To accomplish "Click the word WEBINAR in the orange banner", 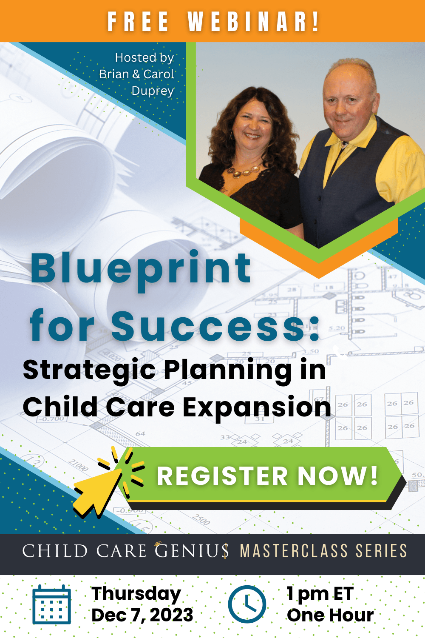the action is (x=253, y=22).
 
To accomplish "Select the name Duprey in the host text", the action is (x=153, y=91).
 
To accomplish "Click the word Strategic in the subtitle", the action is (x=89, y=370).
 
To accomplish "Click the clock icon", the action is (x=247, y=604).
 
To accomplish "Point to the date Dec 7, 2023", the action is (x=142, y=615).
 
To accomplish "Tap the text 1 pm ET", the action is (x=320, y=594).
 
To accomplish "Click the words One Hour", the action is (x=330, y=615).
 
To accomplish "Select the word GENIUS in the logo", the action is (x=192, y=550).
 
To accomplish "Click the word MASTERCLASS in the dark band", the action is (x=294, y=550).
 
